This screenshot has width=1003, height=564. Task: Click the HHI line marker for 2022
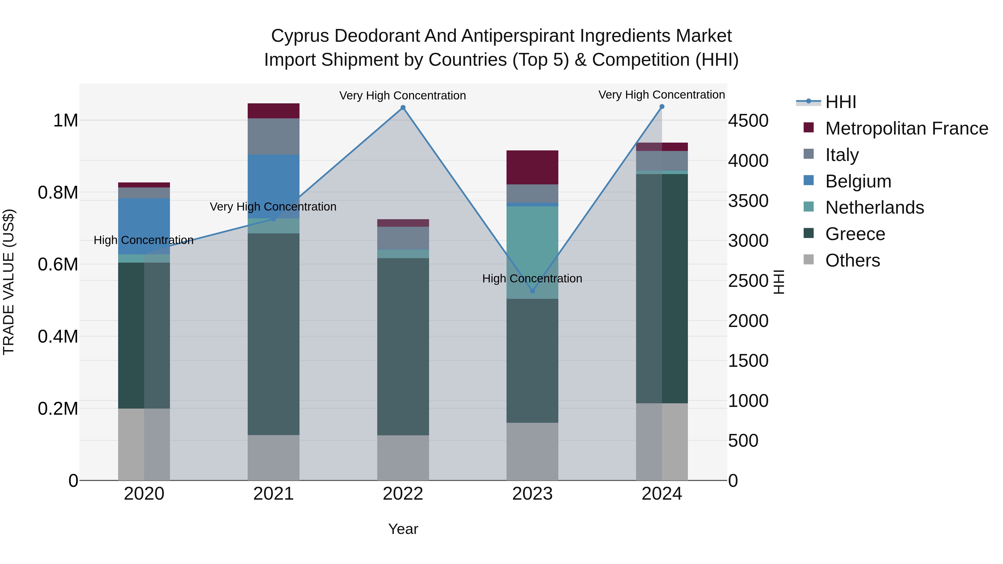point(403,108)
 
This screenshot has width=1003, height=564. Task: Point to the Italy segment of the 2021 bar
point(273,136)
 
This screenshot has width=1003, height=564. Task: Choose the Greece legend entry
point(855,234)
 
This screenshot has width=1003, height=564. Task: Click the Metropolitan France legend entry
point(906,128)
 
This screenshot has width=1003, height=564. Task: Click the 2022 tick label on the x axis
point(403,494)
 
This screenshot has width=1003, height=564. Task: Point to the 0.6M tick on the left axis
point(58,265)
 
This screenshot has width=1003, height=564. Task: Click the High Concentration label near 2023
point(532,279)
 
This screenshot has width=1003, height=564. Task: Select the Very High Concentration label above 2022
point(402,96)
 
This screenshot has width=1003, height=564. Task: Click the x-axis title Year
point(403,529)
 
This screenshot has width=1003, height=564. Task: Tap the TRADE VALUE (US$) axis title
point(9,282)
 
